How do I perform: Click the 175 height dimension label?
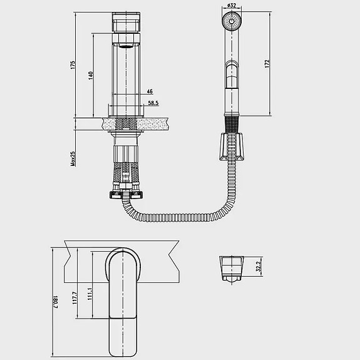coord(73,65)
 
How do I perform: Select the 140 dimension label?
coord(91,76)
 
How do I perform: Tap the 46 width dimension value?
coord(150,91)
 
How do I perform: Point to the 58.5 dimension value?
coord(153,103)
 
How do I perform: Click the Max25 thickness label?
coord(73,158)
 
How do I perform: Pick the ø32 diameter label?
coord(232,5)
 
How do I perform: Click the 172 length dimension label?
coord(267,63)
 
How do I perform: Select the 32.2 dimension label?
coord(259,266)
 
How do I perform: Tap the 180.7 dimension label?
coord(56,302)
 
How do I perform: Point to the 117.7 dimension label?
coord(75,298)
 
